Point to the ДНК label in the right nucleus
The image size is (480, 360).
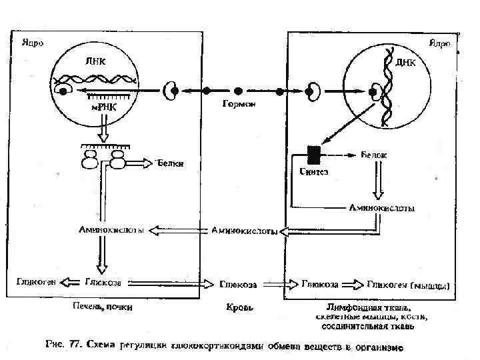pyautogui.click(x=405, y=63)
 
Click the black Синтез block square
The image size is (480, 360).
pyautogui.click(x=312, y=155)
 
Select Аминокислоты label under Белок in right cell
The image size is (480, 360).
pyautogui.click(x=382, y=208)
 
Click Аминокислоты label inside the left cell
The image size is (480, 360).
pyautogui.click(x=111, y=230)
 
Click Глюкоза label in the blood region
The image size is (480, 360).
pyautogui.click(x=239, y=284)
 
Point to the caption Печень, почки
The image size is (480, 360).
pyautogui.click(x=103, y=307)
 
